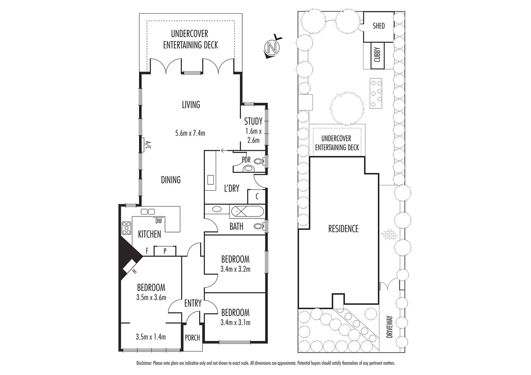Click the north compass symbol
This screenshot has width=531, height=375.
tap(272, 47)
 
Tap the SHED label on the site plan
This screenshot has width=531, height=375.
tap(378, 26)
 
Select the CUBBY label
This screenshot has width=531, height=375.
tap(377, 55)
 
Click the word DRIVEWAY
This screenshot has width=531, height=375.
tap(389, 327)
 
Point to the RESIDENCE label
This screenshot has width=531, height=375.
tap(343, 229)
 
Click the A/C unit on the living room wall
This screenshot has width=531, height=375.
tap(144, 144)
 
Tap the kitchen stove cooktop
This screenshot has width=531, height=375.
tap(126, 228)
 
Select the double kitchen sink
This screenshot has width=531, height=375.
tap(148, 211)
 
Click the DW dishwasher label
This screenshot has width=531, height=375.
tap(158, 221)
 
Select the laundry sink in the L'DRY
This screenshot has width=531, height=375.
tap(211, 180)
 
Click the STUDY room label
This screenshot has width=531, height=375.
tap(253, 121)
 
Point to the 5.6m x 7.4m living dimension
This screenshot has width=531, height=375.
tap(190, 133)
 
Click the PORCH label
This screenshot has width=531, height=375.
tap(192, 337)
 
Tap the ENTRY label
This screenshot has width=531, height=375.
tap(193, 303)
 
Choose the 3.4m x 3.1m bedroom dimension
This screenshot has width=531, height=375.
tap(235, 323)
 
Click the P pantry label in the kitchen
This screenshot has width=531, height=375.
tap(165, 251)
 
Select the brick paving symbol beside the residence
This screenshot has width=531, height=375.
tap(389, 235)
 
